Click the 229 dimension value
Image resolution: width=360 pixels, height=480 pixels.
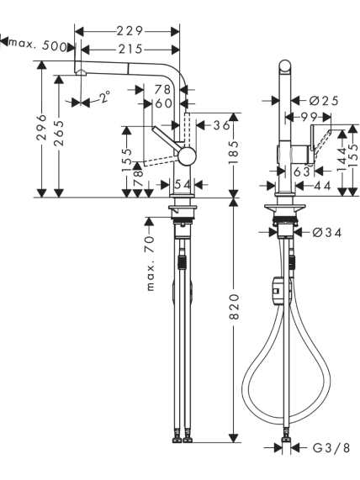pyautogui.click(x=130, y=31)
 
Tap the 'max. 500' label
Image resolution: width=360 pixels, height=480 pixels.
pyautogui.click(x=38, y=45)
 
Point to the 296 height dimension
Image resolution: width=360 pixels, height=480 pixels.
pyautogui.click(x=42, y=128)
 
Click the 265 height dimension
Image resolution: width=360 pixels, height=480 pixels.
pyautogui.click(x=59, y=133)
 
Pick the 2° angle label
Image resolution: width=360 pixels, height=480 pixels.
pyautogui.click(x=105, y=97)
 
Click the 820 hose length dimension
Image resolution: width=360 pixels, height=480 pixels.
pyautogui.click(x=234, y=307)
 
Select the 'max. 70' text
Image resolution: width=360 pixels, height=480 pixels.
pyautogui.click(x=151, y=264)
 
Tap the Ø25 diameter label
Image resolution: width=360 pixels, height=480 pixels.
pyautogui.click(x=324, y=100)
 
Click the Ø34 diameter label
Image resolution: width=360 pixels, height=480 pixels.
pyautogui.click(x=326, y=233)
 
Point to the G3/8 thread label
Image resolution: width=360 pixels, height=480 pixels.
pyautogui.click(x=331, y=448)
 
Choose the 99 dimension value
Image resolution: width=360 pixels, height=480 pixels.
pyautogui.click(x=309, y=116)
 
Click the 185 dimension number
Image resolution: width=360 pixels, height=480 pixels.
pyautogui.click(x=234, y=152)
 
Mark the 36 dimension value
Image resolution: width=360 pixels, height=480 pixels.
pyautogui.click(x=221, y=125)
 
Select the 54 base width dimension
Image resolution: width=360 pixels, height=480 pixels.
pyautogui.click(x=183, y=184)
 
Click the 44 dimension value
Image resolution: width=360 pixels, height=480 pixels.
pyautogui.click(x=323, y=186)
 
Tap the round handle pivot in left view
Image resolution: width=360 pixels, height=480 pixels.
pyautogui.click(x=188, y=156)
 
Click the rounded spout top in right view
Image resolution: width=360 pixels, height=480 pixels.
pyautogui.click(x=285, y=66)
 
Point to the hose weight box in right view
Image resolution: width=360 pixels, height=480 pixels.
pyautogui.click(x=277, y=291)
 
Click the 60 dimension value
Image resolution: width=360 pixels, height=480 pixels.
pyautogui.click(x=164, y=103)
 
